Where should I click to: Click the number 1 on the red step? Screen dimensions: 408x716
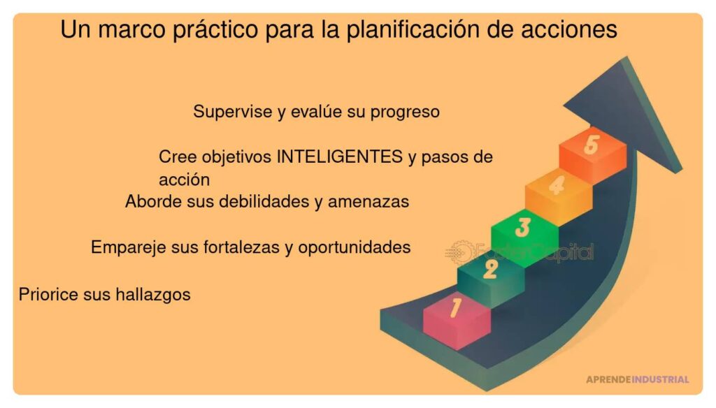(455, 308)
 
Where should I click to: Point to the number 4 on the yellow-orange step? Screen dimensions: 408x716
(557, 187)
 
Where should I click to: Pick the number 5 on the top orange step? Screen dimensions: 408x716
(592, 145)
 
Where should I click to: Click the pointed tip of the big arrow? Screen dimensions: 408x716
(624, 61)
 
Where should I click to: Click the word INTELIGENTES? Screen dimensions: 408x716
(340, 156)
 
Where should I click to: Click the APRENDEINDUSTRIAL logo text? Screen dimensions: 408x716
(637, 379)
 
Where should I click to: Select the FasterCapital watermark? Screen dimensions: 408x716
(521, 252)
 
